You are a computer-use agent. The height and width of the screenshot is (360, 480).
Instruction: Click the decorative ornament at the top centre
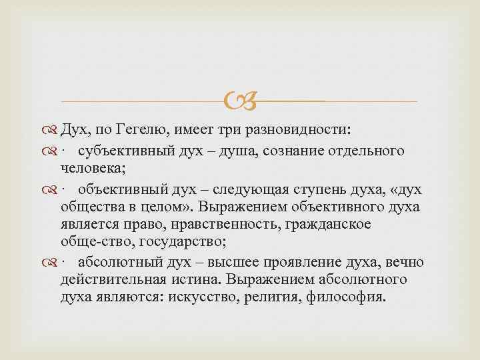point(241,102)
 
